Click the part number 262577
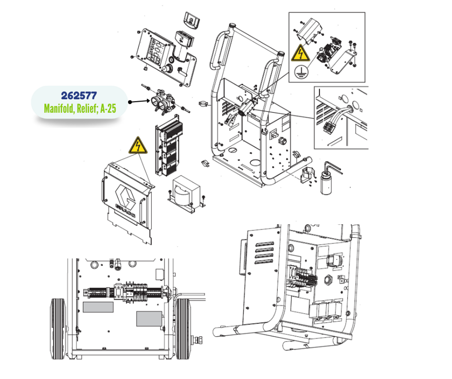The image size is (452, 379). pyautogui.click(x=79, y=96)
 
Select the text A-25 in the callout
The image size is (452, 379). pyautogui.click(x=108, y=108)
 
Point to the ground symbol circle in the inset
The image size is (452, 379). pyautogui.click(x=301, y=72)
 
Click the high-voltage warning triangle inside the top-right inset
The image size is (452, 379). pyautogui.click(x=301, y=53)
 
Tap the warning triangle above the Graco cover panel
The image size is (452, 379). pyautogui.click(x=138, y=146)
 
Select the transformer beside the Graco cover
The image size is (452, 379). pyautogui.click(x=186, y=193)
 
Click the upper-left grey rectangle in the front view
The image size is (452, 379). pyautogui.click(x=98, y=307)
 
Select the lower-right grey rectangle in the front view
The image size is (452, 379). pyautogui.click(x=149, y=319)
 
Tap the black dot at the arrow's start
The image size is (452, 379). pyautogui.click(x=130, y=102)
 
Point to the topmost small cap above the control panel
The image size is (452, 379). pyautogui.click(x=192, y=20)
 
